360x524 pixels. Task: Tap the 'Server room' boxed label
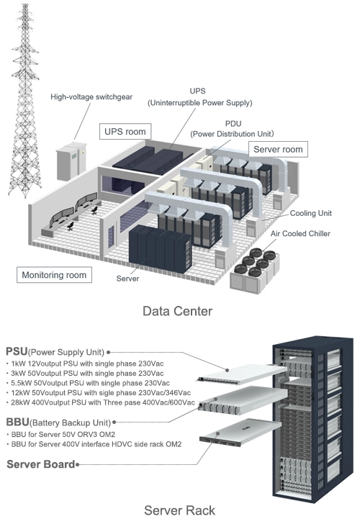pos(277,149)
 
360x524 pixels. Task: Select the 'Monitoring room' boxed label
pos(53,275)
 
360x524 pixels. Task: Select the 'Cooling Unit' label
pos(312,214)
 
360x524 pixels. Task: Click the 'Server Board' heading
pos(40,465)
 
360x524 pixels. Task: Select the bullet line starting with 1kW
pos(87,363)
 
